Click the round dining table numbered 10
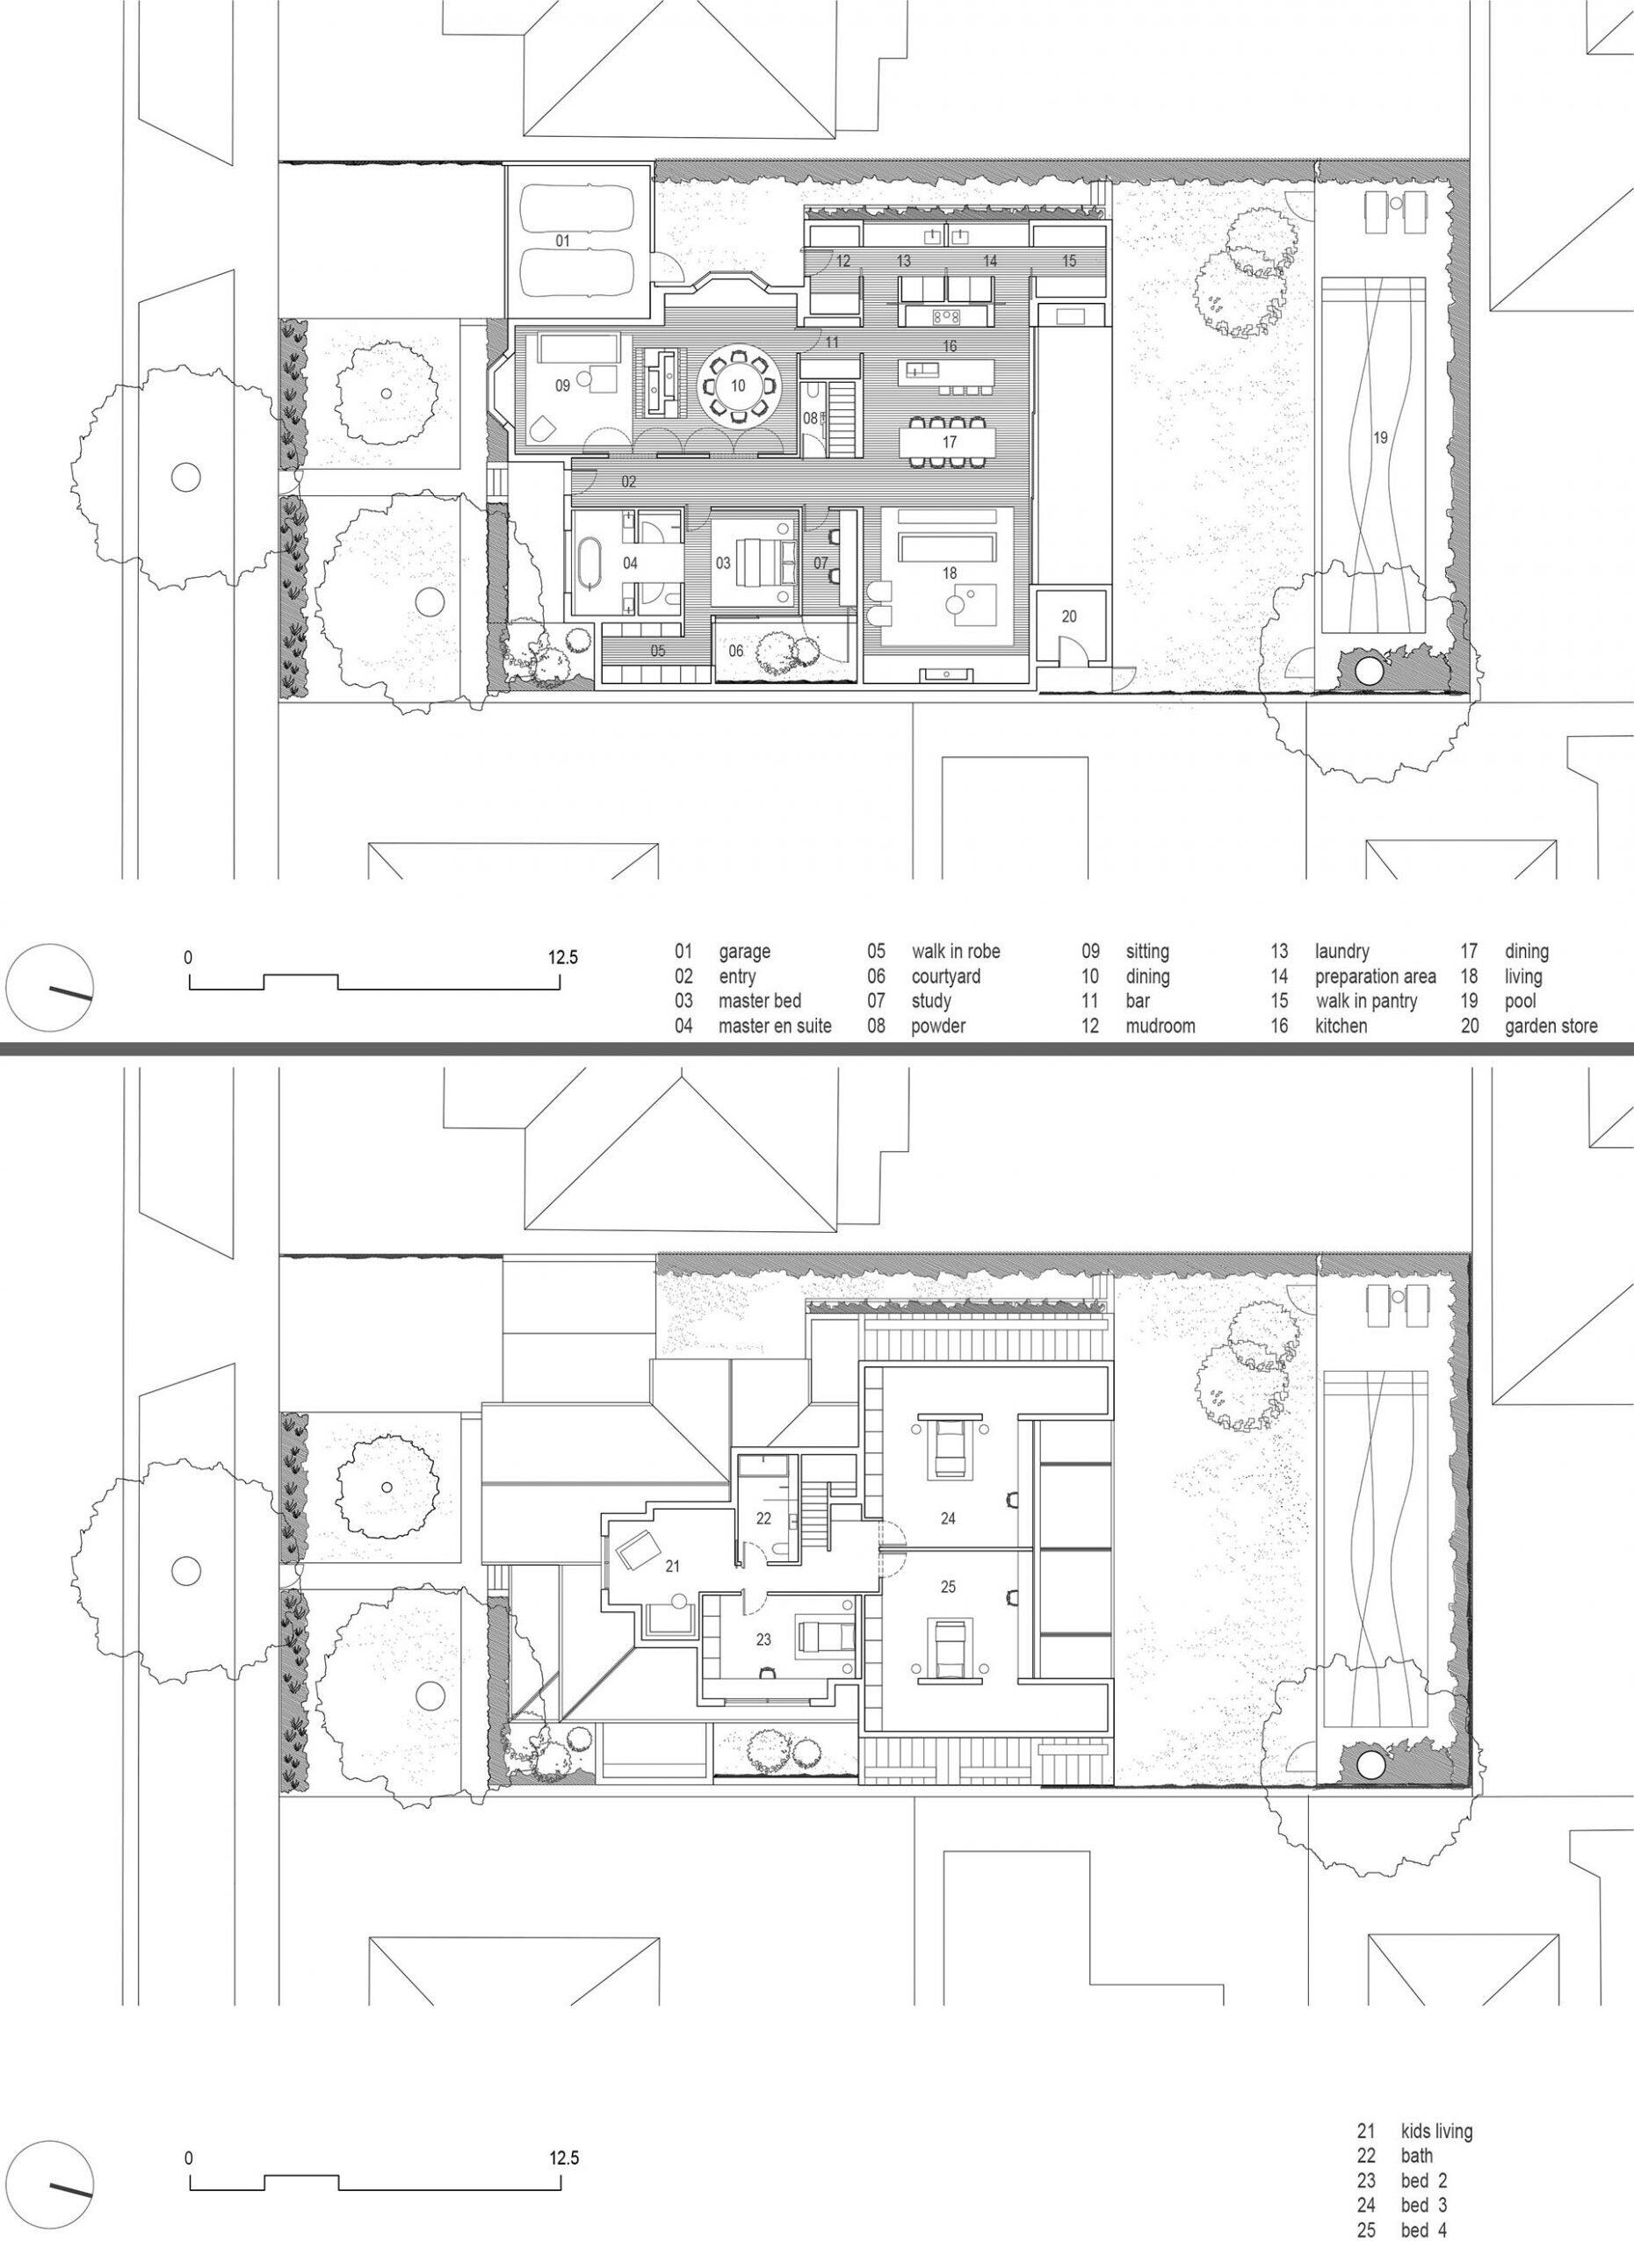click(x=738, y=386)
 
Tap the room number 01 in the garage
click(x=562, y=241)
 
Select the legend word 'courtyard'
click(x=946, y=976)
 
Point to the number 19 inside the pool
click(x=1380, y=437)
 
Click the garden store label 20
click(x=1069, y=616)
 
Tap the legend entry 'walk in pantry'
click(x=1369, y=1001)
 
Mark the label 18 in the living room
click(x=950, y=573)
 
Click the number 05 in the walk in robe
click(x=658, y=652)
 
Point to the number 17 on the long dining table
click(x=950, y=442)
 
